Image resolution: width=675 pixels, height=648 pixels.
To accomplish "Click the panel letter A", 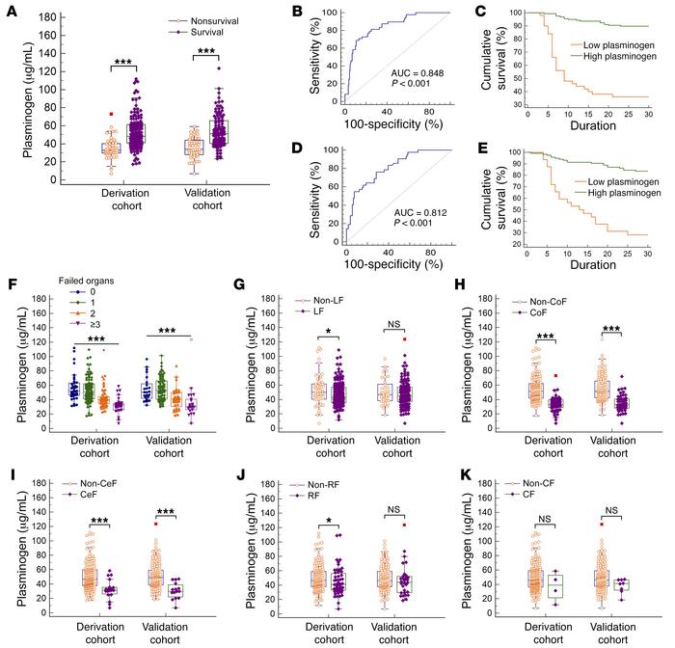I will [x=9, y=13].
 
